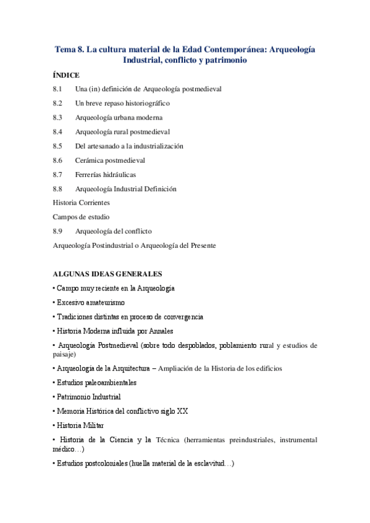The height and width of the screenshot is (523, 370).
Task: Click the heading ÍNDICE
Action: pos(66,75)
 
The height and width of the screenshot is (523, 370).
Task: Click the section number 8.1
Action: pos(58,89)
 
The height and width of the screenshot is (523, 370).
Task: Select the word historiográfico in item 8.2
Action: pos(145,104)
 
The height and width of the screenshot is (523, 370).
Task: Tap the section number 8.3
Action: pos(58,118)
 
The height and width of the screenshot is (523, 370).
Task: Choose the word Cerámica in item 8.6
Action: pos(89,160)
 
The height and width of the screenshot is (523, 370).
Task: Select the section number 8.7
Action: pos(58,175)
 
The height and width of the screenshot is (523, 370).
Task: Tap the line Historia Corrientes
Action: pos(81,203)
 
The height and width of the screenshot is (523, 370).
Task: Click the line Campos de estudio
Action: pos(81,217)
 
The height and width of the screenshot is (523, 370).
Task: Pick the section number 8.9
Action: pos(58,231)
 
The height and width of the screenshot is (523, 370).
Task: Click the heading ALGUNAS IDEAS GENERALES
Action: pos(107,274)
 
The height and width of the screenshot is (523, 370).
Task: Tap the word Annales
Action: pos(159,332)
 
